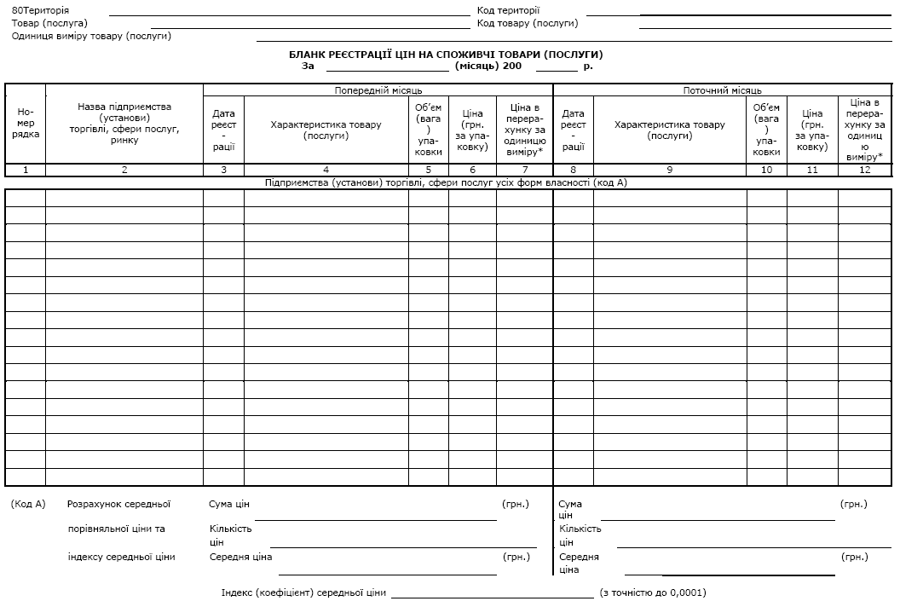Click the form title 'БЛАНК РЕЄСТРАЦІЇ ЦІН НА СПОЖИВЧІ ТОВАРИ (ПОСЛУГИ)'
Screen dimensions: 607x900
tap(452, 55)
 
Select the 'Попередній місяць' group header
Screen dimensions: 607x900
tap(378, 90)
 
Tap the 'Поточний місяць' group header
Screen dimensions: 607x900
tap(723, 90)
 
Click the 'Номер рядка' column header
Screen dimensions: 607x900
tap(26, 124)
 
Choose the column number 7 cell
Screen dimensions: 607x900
tap(524, 170)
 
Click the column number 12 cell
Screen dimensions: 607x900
tap(864, 170)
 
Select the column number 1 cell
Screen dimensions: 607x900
tap(26, 170)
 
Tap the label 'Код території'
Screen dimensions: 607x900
tap(509, 10)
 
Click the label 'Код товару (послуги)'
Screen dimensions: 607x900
tap(528, 23)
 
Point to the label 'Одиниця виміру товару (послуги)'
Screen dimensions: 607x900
tap(92, 36)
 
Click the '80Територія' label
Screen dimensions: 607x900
tap(41, 10)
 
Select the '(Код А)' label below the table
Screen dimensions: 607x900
tap(28, 504)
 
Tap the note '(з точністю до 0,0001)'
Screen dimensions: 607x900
tap(653, 593)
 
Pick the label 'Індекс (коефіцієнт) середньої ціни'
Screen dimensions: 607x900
tap(303, 593)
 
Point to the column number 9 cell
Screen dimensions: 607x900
tap(669, 170)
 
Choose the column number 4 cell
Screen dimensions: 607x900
tap(326, 170)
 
